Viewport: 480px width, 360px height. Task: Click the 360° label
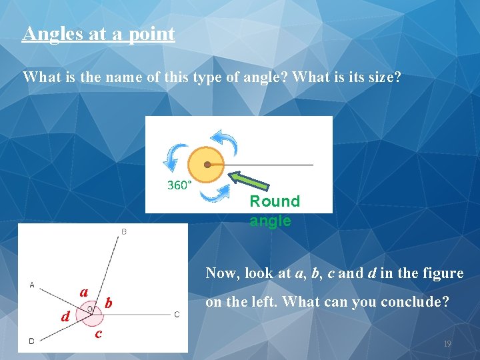[179, 185]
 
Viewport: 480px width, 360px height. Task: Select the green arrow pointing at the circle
[251, 183]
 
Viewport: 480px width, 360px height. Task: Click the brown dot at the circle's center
[207, 164]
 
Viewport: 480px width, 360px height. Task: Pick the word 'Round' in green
[275, 201]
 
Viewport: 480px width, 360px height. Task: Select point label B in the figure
[125, 231]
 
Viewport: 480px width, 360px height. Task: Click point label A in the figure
[31, 285]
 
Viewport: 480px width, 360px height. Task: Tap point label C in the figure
[177, 314]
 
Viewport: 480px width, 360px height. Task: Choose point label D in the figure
[31, 341]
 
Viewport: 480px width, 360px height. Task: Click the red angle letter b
[109, 304]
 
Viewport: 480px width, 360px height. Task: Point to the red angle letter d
[65, 316]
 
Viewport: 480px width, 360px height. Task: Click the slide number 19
[447, 344]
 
